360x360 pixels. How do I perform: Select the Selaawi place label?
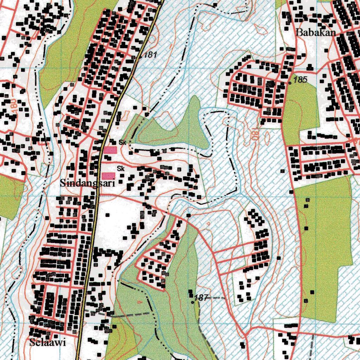click(48, 343)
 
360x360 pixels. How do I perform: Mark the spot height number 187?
click(201, 298)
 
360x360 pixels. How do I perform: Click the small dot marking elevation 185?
click(290, 83)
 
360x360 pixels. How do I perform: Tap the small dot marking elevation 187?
click(192, 302)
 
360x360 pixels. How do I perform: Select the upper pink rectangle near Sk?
click(109, 150)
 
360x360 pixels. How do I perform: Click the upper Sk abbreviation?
click(122, 143)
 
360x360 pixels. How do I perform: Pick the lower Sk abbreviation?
click(121, 169)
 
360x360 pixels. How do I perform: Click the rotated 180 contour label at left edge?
click(13, 106)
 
